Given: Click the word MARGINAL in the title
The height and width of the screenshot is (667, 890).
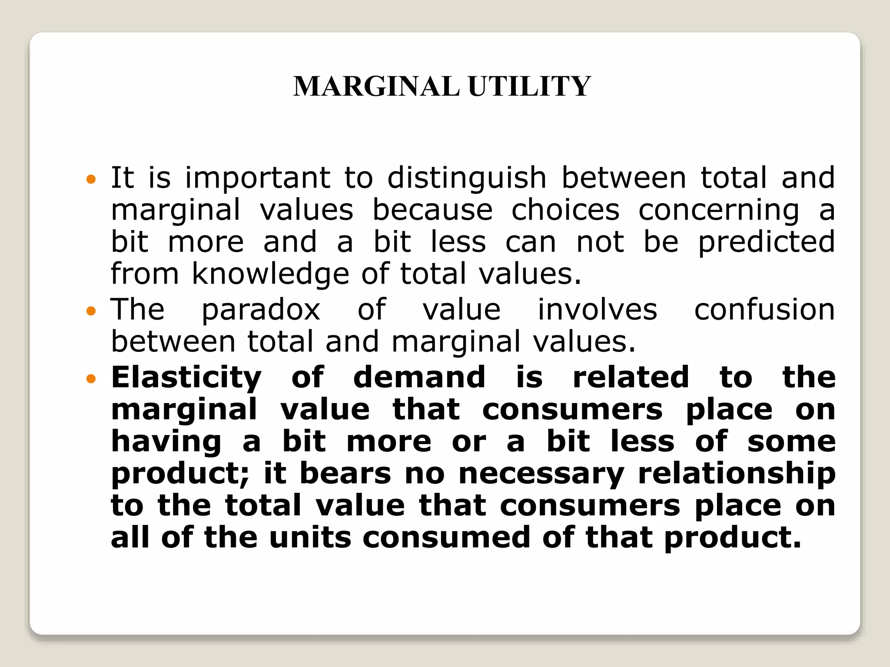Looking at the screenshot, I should [376, 86].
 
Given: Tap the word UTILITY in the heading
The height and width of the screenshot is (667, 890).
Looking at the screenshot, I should [529, 86].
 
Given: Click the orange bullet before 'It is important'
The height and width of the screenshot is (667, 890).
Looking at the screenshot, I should [91, 179].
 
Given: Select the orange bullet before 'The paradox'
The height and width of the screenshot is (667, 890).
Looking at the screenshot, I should [91, 311].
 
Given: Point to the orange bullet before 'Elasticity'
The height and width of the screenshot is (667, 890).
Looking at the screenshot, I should [91, 379].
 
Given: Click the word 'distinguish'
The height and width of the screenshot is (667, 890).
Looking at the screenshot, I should [467, 178].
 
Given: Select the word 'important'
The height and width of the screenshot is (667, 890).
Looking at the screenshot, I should [258, 178].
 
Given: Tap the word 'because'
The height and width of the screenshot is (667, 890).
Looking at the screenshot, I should [432, 210].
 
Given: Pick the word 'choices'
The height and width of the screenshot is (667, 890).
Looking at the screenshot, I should [565, 210].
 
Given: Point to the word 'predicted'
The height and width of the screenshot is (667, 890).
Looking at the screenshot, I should [766, 242].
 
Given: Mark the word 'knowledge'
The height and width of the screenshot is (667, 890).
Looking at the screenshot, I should [270, 274].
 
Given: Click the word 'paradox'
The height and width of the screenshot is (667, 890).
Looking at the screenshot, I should [261, 310].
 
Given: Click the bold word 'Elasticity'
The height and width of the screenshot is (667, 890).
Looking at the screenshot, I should [186, 378].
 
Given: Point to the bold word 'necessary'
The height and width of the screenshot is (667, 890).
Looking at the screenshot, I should [541, 474].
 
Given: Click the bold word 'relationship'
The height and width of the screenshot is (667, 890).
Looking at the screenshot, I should [737, 474].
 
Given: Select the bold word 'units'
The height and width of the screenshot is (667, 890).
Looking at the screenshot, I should [310, 538].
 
